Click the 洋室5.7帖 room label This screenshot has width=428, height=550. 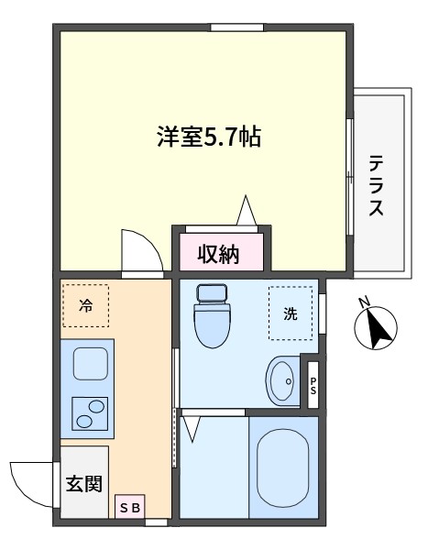[x=209, y=137]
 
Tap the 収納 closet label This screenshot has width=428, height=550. [x=218, y=254]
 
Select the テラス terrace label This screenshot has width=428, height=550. [x=376, y=185]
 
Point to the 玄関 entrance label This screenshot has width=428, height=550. [x=84, y=483]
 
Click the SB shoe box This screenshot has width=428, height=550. [x=130, y=508]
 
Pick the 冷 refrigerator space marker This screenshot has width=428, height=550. [x=85, y=305]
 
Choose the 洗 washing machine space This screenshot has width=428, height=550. [x=291, y=313]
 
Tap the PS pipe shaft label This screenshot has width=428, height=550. [x=313, y=386]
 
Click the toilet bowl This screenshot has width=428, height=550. [x=212, y=315]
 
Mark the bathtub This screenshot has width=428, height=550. [x=283, y=467]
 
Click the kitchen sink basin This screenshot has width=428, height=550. [x=90, y=363]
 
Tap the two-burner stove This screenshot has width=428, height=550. [x=90, y=414]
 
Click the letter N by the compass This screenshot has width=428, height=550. [x=364, y=302]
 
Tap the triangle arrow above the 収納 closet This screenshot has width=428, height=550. [x=247, y=211]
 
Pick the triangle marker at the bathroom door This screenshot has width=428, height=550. [x=192, y=429]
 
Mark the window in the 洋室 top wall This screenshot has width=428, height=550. [x=236, y=27]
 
